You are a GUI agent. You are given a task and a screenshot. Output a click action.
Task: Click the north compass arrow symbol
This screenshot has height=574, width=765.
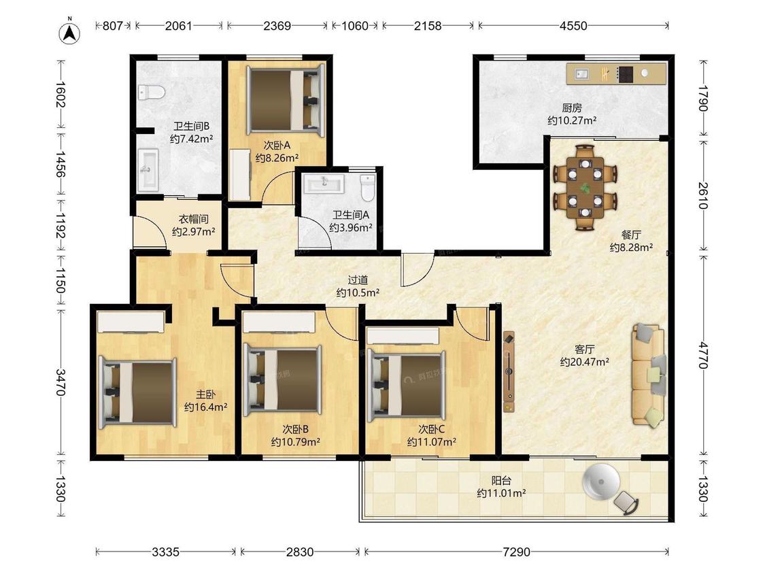[x=70, y=32]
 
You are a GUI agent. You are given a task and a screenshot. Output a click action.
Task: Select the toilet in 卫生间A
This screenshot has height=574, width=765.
[x=367, y=188]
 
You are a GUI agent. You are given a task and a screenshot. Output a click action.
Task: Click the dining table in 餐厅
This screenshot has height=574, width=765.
[x=585, y=188]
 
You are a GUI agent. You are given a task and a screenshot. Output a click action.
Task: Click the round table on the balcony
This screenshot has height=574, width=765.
[x=601, y=482]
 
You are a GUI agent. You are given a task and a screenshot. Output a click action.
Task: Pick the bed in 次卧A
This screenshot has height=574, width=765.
[x=286, y=101]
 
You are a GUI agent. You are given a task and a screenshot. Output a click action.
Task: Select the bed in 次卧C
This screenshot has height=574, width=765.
[x=407, y=385]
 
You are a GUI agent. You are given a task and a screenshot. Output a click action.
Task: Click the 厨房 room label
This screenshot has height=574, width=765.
[x=572, y=107]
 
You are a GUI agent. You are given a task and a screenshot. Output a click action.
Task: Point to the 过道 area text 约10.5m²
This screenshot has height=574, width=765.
[x=358, y=293]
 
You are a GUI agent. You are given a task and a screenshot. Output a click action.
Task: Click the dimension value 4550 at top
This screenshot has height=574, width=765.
[x=573, y=25]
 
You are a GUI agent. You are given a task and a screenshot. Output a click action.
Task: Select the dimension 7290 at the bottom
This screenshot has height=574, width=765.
[x=516, y=552]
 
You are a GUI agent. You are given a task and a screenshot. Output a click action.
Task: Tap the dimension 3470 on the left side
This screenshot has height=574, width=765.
[x=61, y=382]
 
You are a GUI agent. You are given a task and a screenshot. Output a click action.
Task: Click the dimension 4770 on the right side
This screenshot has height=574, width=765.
[x=702, y=355]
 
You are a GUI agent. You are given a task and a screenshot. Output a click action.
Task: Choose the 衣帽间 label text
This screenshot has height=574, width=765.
[x=193, y=219]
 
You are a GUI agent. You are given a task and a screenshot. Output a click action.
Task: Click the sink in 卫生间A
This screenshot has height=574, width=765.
[x=324, y=184]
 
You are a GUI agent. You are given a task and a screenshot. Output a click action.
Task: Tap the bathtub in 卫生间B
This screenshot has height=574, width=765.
[x=148, y=170]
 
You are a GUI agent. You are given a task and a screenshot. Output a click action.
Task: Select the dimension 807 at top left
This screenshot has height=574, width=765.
[x=112, y=25]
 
